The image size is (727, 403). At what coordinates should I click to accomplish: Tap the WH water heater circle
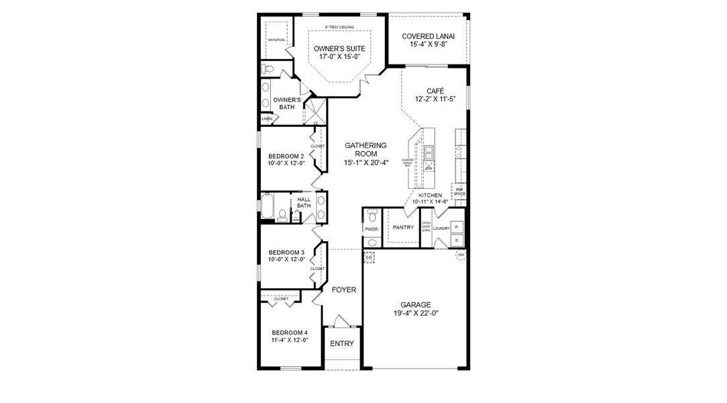tap(461, 255)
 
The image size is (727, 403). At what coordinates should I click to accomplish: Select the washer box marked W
tap(457, 226)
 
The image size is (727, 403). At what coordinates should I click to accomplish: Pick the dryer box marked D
tap(457, 239)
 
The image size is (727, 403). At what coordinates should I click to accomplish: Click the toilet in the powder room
tap(371, 216)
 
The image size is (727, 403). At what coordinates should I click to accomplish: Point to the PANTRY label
tap(403, 227)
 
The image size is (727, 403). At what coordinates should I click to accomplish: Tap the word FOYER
tap(343, 289)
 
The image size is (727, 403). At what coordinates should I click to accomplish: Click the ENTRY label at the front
tap(341, 344)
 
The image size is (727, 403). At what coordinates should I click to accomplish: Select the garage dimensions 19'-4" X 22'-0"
tap(416, 313)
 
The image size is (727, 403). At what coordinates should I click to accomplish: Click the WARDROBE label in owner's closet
tap(276, 40)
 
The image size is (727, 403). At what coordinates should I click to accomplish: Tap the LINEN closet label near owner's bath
tap(267, 119)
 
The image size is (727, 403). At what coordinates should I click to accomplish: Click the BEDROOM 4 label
tap(289, 332)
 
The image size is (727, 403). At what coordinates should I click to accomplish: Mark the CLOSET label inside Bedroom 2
tap(317, 146)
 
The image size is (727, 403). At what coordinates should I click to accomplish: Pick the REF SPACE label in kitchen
tap(459, 191)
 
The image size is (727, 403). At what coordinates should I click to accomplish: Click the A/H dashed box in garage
tap(369, 257)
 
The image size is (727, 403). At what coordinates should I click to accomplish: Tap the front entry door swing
tap(341, 321)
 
